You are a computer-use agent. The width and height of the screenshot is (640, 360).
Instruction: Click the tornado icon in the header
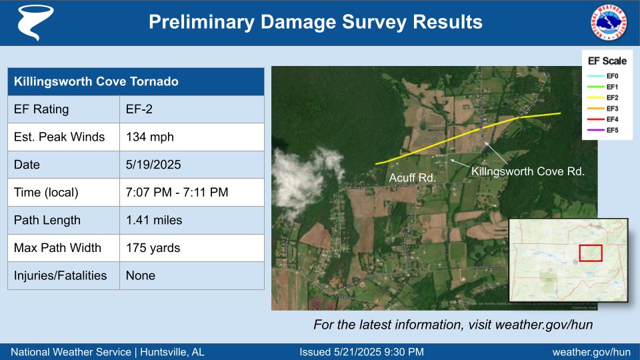click(31, 23)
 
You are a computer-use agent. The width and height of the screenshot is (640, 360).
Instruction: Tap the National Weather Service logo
click(609, 22)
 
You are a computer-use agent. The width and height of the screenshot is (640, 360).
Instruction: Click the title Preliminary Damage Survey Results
click(315, 22)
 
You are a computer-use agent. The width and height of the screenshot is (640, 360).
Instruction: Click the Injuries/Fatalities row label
click(61, 275)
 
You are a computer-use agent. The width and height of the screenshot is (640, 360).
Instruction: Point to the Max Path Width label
click(58, 248)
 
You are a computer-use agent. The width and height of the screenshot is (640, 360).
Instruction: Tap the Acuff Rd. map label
click(413, 178)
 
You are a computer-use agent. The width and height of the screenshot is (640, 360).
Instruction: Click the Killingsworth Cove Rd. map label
click(528, 171)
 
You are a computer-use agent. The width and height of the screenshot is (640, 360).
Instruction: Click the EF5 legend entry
click(612, 130)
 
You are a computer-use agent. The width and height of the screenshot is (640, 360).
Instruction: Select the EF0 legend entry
click(612, 77)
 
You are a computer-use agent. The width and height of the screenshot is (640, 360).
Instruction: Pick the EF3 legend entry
click(612, 109)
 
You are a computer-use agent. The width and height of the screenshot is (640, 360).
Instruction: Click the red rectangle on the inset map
click(590, 253)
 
